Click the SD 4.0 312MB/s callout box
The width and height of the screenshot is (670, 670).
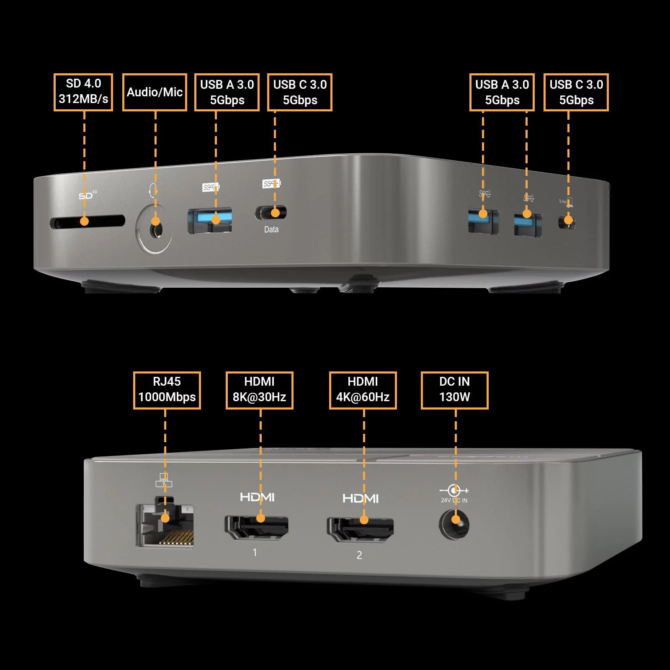pyautogui.click(x=83, y=92)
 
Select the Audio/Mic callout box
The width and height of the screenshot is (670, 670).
pyautogui.click(x=155, y=92)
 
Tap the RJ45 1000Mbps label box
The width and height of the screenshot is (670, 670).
pyautogui.click(x=167, y=390)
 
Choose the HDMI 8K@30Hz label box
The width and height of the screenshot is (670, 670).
pyautogui.click(x=259, y=390)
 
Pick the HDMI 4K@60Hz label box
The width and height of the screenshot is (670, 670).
pyautogui.click(x=363, y=390)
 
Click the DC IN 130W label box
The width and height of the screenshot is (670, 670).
pyautogui.click(x=454, y=390)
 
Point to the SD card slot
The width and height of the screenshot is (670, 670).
pyautogui.click(x=87, y=222)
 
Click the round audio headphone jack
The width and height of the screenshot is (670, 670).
pyautogui.click(x=155, y=229)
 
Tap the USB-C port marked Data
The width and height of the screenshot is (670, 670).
pyautogui.click(x=271, y=213)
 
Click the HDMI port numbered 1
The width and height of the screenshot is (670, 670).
pyautogui.click(x=257, y=528)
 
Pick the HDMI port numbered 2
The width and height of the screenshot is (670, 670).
pyautogui.click(x=360, y=529)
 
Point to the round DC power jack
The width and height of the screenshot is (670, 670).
pyautogui.click(x=454, y=524)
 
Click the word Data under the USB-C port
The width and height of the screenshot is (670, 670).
pyautogui.click(x=271, y=229)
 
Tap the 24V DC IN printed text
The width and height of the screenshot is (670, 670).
pyautogui.click(x=454, y=500)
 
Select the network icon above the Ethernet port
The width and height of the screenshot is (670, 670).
pyautogui.click(x=164, y=480)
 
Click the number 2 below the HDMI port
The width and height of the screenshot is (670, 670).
pyautogui.click(x=359, y=555)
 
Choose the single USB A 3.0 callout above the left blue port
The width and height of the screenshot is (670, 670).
pyautogui.click(x=227, y=92)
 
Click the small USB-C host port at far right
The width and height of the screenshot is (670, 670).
pyautogui.click(x=567, y=222)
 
